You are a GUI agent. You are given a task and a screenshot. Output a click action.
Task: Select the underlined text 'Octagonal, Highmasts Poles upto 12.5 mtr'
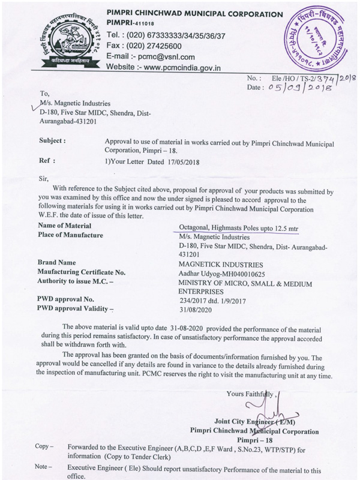click(x=238, y=229)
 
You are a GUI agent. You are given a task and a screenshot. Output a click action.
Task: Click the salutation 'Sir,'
click(x=43, y=178)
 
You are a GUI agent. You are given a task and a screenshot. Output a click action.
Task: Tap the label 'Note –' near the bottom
click(x=44, y=466)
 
